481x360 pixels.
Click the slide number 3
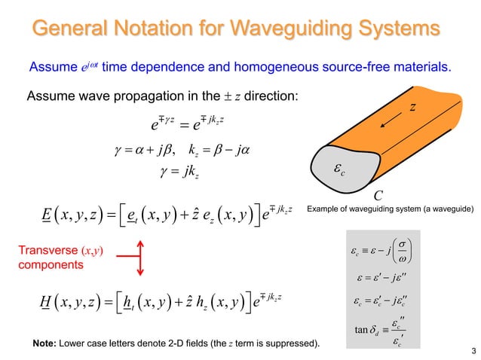click(x=472, y=352)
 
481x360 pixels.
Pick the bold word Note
click(x=44, y=345)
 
